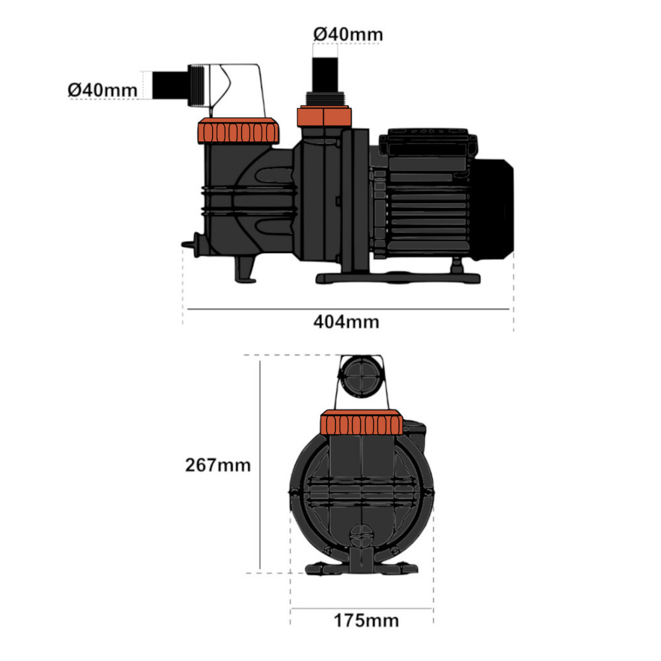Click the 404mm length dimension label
coord(346,322)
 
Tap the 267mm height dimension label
coord(217,465)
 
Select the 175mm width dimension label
coord(366,621)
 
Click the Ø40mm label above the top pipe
coord(348,33)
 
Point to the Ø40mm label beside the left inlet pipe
coord(102,89)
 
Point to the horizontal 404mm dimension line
coord(348,309)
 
